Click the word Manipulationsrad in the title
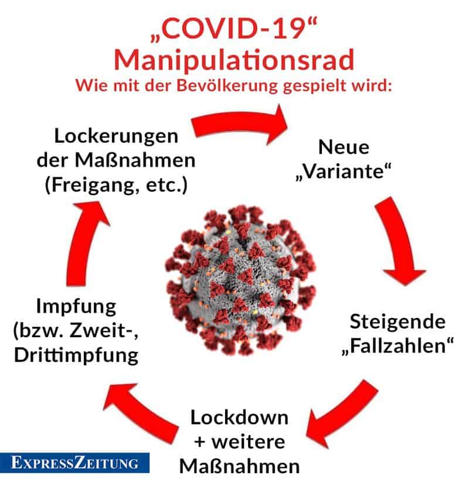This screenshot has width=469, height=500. pyautogui.click(x=234, y=60)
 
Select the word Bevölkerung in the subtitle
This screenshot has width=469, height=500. pyautogui.click(x=227, y=85)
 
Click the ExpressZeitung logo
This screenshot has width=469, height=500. pyautogui.click(x=74, y=463)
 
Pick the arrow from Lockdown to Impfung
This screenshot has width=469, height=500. pyautogui.click(x=141, y=412)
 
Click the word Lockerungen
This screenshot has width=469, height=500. pyautogui.click(x=116, y=136)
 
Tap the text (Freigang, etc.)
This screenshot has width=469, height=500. pyautogui.click(x=116, y=185)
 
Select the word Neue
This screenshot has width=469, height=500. pyautogui.click(x=344, y=147)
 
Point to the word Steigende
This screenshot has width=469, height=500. pyautogui.click(x=397, y=322)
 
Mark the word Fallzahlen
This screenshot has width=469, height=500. pyautogui.click(x=397, y=345)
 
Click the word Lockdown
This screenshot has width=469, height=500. pyautogui.click(x=239, y=417)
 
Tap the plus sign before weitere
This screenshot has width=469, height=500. pyautogui.click(x=200, y=442)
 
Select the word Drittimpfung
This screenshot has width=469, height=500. pyautogui.click(x=76, y=355)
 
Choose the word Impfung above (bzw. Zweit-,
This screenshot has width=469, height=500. pyautogui.click(x=76, y=307)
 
